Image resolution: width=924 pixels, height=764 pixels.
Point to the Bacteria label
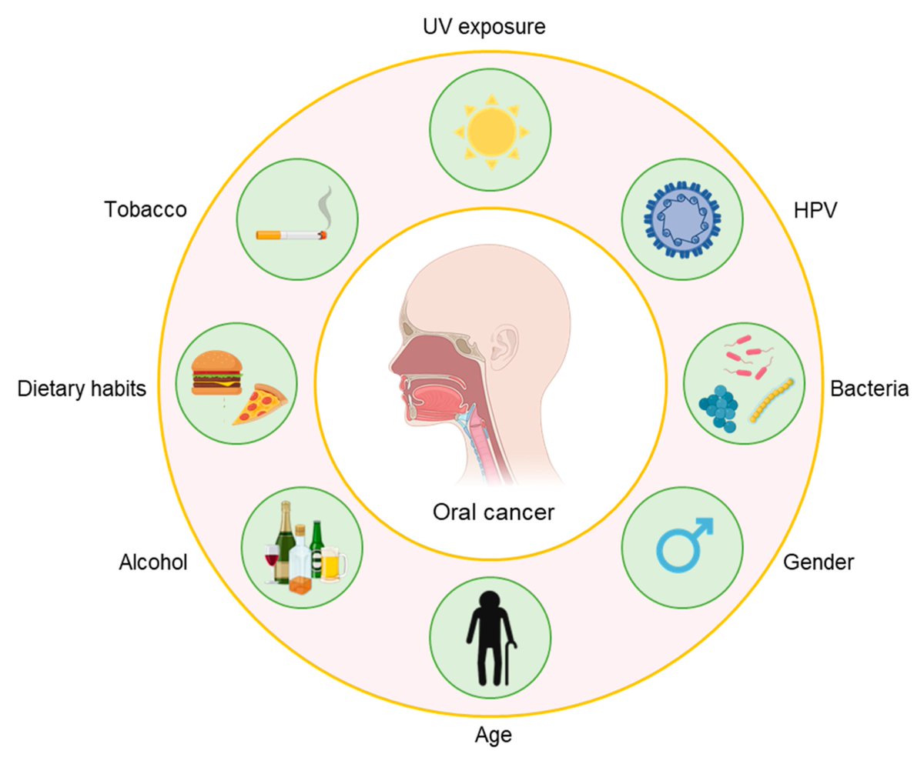tap(869, 389)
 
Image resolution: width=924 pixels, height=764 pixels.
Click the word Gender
tap(818, 562)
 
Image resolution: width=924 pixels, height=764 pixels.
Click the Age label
tap(492, 735)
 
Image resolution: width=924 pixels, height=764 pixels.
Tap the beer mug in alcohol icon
tap(330, 565)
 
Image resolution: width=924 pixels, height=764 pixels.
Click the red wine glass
tap(271, 560)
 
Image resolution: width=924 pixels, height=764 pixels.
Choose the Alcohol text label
tap(153, 562)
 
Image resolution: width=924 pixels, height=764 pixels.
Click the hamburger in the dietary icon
tap(216, 372)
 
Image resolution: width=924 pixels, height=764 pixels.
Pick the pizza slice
tap(259, 403)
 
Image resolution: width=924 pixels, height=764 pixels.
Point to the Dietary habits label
tap(82, 389)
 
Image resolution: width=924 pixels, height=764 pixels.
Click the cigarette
tap(290, 233)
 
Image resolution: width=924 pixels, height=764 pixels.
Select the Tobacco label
tap(146, 209)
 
